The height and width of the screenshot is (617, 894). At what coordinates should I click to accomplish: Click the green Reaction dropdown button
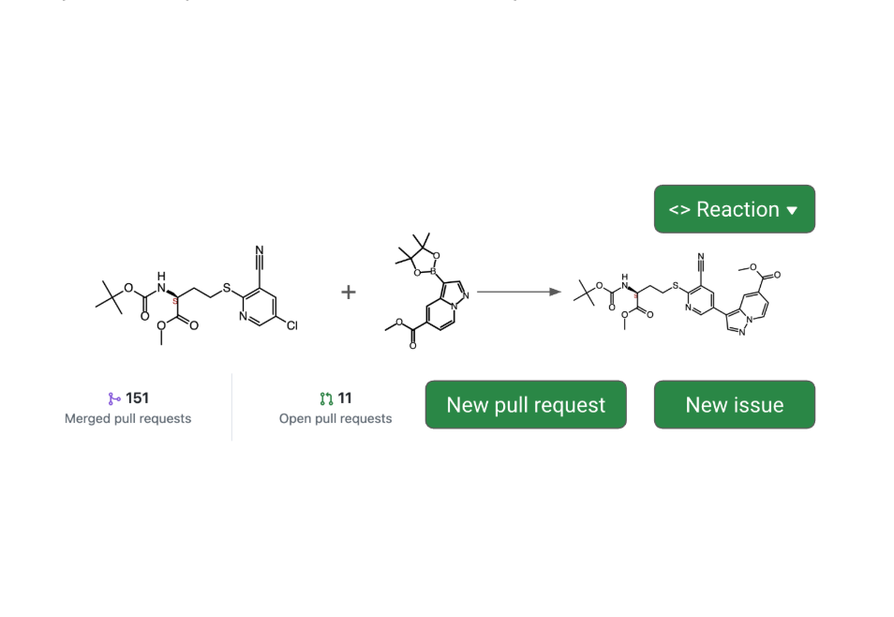[734, 209]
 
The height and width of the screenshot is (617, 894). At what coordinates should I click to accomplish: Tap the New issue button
[734, 405]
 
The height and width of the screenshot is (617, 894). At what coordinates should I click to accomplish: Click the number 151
[137, 399]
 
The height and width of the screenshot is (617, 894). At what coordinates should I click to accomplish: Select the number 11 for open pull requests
[345, 399]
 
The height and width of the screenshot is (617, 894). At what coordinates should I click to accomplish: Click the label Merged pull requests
[127, 418]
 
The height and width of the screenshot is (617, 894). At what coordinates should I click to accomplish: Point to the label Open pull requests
[335, 418]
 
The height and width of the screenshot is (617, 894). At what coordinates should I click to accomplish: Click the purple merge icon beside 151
[114, 399]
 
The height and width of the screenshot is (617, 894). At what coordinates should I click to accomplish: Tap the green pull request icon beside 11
[326, 399]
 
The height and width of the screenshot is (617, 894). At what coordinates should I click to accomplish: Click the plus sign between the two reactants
[349, 292]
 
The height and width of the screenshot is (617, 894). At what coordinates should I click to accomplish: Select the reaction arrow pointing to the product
[518, 292]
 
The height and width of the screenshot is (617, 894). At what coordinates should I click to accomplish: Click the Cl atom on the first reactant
[291, 325]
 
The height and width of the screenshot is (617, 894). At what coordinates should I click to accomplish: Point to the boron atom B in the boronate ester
[433, 272]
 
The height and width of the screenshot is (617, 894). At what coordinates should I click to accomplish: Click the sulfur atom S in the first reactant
[227, 286]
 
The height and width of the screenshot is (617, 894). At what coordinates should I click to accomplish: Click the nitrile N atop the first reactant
[260, 250]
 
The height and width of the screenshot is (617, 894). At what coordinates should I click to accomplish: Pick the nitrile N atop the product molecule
[700, 257]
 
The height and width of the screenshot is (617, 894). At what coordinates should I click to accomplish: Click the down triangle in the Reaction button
[792, 210]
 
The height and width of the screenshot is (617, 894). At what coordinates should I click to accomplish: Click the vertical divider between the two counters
[231, 407]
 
